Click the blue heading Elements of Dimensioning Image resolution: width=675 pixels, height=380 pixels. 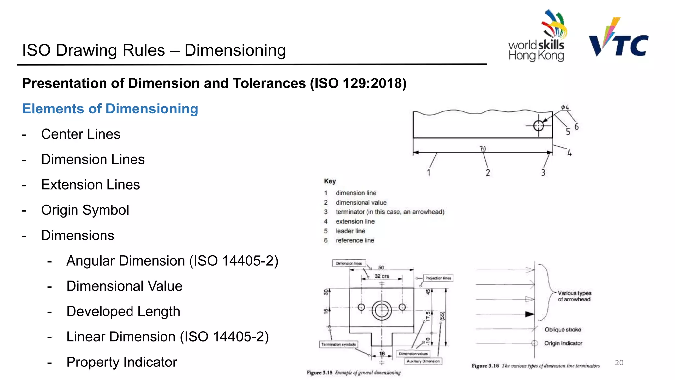(x=110, y=109)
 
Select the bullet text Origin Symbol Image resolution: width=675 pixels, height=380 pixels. (x=85, y=210)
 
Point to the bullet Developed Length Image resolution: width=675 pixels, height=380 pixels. (x=123, y=311)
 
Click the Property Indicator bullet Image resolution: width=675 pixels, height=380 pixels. (x=122, y=362)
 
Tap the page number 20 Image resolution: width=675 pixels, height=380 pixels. (x=619, y=363)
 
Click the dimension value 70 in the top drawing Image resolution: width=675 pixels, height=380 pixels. (x=483, y=149)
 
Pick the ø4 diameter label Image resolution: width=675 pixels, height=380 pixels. (x=565, y=107)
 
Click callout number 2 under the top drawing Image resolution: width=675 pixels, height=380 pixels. (x=488, y=173)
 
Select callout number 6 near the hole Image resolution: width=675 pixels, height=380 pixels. (x=576, y=126)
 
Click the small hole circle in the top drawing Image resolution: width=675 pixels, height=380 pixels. (x=538, y=126)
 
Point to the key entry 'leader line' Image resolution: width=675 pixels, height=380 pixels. (x=350, y=231)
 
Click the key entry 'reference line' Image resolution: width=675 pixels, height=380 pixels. (x=355, y=240)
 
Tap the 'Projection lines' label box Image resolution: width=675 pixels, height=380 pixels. (x=438, y=278)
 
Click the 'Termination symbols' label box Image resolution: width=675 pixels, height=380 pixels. (x=338, y=344)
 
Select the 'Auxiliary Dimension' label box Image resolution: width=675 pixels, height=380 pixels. (x=423, y=361)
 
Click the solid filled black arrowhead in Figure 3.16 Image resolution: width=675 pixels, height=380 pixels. (x=529, y=314)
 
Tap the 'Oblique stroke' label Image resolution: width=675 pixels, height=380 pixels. (x=563, y=330)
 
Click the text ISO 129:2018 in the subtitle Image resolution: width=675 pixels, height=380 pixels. (x=358, y=83)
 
